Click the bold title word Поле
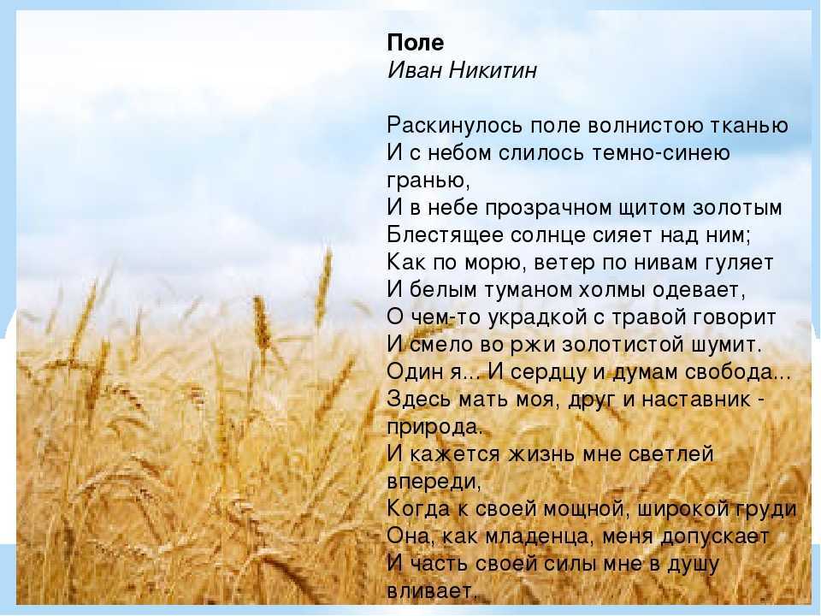click(416, 43)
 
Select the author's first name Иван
click(412, 70)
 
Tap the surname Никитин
click(493, 70)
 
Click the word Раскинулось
click(454, 126)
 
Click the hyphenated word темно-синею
click(661, 153)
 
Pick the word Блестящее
click(444, 235)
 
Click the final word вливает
click(429, 591)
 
